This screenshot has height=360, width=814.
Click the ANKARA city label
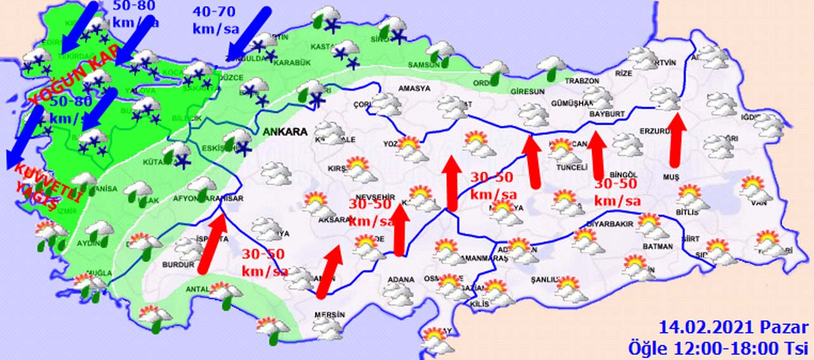click(284, 132)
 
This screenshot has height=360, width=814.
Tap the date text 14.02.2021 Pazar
click(734, 328)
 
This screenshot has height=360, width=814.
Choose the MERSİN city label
click(329, 315)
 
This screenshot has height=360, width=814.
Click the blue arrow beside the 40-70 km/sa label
click(249, 31)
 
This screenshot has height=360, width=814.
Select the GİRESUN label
click(528, 92)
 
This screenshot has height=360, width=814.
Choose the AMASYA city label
click(414, 88)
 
